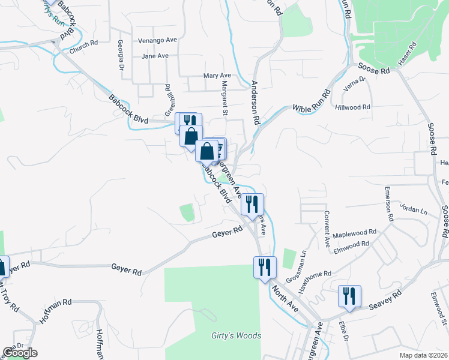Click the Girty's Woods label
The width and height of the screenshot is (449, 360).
click(236, 335)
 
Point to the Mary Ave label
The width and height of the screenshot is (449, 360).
click(217, 76)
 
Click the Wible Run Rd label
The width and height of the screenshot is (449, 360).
click(312, 101)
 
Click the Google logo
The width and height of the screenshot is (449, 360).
click(20, 353)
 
